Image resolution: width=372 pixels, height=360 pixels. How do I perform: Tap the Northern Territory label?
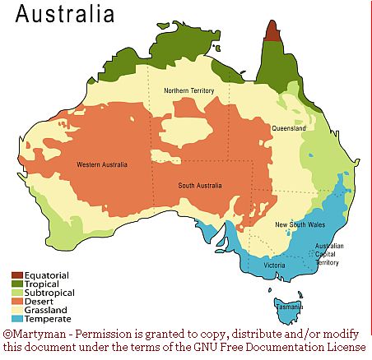(x=189, y=90)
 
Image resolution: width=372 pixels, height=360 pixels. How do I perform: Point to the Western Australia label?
(x=102, y=165)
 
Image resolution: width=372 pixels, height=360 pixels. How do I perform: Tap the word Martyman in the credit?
(x=36, y=335)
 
